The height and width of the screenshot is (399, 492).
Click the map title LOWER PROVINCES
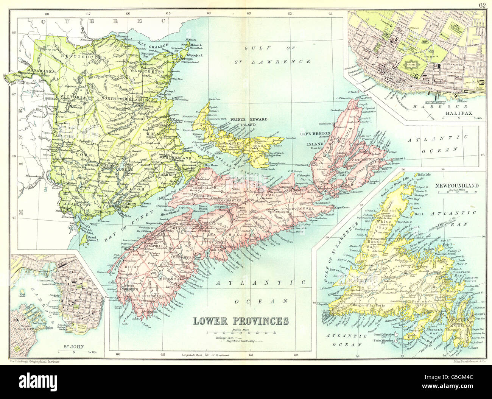[x=241, y=321]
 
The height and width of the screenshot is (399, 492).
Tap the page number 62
[x=482, y=5]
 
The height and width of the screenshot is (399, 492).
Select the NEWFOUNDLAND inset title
[x=456, y=185]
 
